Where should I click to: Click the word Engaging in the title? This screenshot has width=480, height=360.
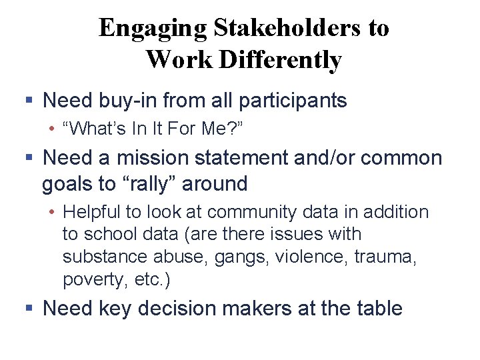[153, 29]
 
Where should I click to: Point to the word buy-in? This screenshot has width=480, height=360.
[127, 101]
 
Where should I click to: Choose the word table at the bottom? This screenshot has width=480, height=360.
[381, 309]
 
